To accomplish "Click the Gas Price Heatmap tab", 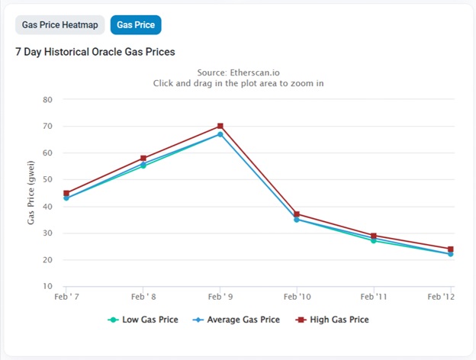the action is click(x=59, y=25).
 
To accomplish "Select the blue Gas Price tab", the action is click(x=136, y=25).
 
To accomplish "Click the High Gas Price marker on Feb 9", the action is click(x=220, y=126).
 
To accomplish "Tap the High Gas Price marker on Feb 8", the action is click(x=143, y=158).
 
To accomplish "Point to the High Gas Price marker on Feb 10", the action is click(x=297, y=214).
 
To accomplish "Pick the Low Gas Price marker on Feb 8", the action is click(x=143, y=166).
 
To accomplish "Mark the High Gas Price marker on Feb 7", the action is click(x=66, y=193).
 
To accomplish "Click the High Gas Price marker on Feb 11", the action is click(x=374, y=236).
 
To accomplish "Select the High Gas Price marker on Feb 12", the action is click(x=451, y=249).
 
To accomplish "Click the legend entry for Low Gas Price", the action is click(x=143, y=320).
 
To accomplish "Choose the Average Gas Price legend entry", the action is click(x=236, y=320).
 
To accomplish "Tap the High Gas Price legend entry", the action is click(x=332, y=320).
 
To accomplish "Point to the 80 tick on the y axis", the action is click(x=47, y=100).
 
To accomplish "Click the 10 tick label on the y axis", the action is click(x=47, y=286).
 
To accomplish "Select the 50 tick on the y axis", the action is click(x=47, y=179).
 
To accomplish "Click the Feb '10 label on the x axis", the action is click(x=297, y=297).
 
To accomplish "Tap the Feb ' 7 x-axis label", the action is click(x=66, y=297).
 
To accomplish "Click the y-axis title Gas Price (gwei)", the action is click(x=31, y=193).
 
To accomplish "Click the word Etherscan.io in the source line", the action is click(x=255, y=72).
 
